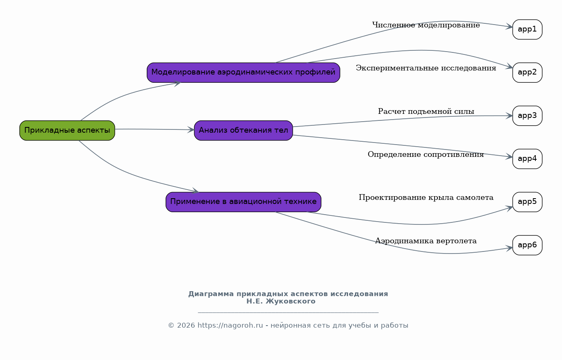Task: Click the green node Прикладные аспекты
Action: [67, 130]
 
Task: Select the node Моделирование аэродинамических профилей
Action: [243, 72]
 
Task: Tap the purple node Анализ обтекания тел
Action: [243, 130]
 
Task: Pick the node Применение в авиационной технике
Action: [243, 202]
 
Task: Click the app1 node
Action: [528, 29]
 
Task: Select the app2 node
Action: [528, 72]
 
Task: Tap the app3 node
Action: [528, 115]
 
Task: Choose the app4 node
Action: [528, 158]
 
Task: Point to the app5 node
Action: [528, 202]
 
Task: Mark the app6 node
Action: [528, 245]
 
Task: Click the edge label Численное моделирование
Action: [426, 25]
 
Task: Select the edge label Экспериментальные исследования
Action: [426, 68]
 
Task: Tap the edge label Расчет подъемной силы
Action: [426, 111]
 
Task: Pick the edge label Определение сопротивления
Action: [426, 154]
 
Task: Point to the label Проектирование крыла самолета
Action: [426, 197]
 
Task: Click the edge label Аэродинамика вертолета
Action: [426, 241]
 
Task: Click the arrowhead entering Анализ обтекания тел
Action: [191, 129]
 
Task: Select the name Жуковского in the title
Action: [291, 301]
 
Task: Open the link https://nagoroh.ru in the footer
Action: [230, 326]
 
